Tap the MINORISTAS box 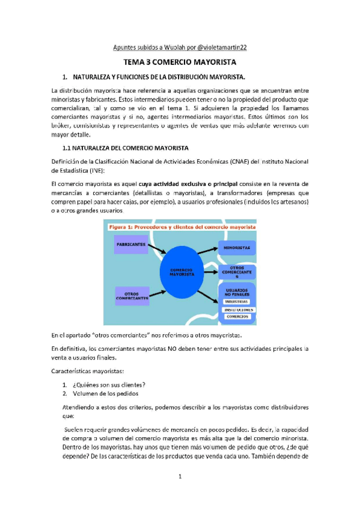[237, 247]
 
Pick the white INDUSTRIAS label [237, 301]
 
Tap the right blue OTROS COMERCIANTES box [237, 272]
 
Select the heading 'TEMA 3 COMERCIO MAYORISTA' [180, 62]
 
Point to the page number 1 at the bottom [180, 478]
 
